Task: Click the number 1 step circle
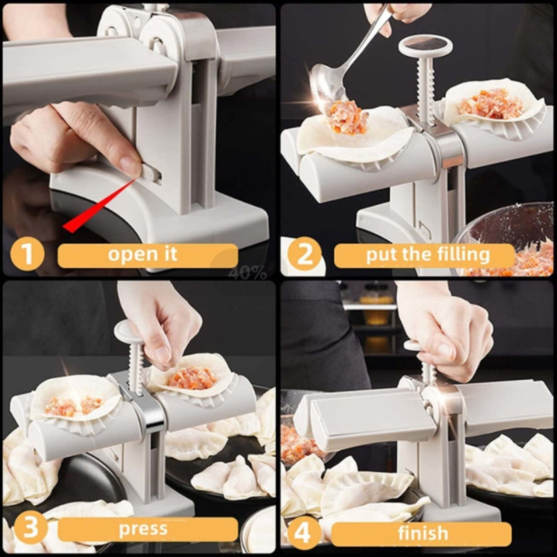pyautogui.click(x=27, y=255)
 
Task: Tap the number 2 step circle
pyautogui.click(x=304, y=255)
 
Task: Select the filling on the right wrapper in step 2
pyautogui.click(x=490, y=104)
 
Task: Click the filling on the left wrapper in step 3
pyautogui.click(x=72, y=405)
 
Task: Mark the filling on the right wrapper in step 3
pyautogui.click(x=192, y=378)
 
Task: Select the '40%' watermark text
pyautogui.click(x=247, y=272)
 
